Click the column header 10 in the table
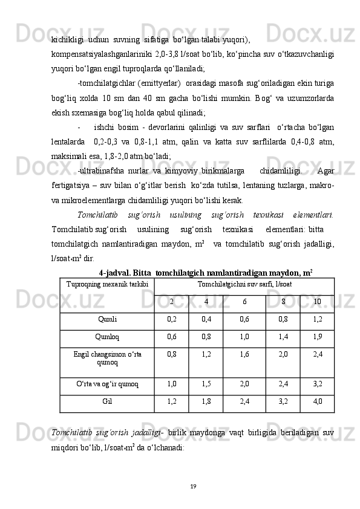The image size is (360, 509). pos(317,302)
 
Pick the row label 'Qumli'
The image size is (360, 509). pos(105,319)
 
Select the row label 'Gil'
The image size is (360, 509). pos(106,400)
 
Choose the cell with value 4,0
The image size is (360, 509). pos(317,400)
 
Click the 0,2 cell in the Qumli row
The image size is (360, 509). pos(171,319)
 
